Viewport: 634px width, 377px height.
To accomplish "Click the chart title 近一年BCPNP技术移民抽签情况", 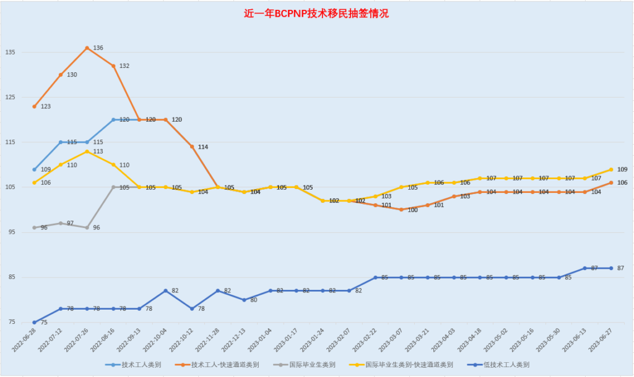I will (316, 13).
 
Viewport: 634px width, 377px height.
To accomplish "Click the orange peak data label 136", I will (98, 48).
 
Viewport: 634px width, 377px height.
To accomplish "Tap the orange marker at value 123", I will (35, 106).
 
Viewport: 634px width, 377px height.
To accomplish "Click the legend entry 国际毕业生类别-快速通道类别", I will (409, 365).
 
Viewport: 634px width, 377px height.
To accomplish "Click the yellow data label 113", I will (98, 151).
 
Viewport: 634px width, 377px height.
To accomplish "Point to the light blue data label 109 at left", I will (45, 169).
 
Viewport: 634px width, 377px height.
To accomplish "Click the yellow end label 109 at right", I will (622, 169).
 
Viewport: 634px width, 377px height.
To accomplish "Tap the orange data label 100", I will (412, 210).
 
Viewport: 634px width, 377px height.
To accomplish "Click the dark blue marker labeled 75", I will (35, 322).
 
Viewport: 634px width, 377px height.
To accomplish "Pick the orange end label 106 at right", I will (622, 182).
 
